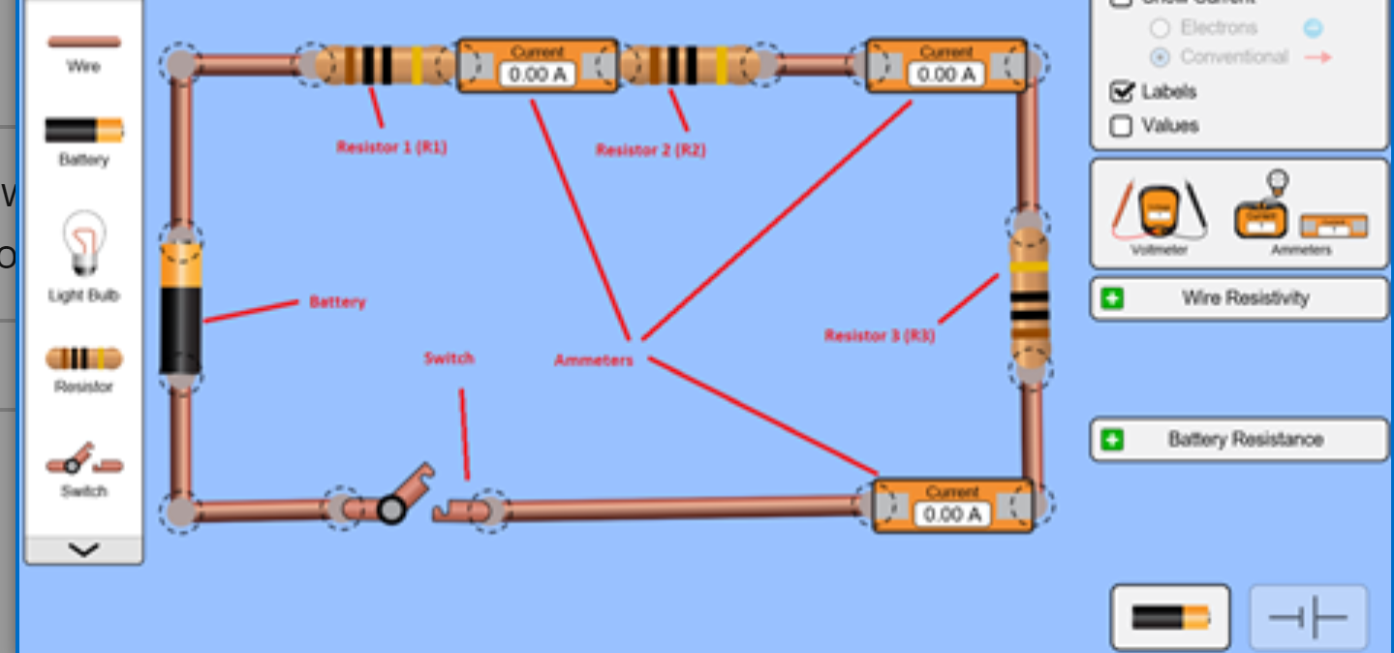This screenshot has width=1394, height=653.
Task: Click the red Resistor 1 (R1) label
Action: tap(391, 148)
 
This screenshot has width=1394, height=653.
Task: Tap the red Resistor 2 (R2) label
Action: tap(650, 150)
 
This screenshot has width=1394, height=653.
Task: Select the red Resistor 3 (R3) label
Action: tap(879, 336)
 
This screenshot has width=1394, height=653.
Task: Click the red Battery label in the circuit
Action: tap(337, 302)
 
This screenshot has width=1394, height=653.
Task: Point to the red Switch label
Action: tap(449, 358)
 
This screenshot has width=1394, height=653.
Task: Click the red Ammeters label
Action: tap(593, 360)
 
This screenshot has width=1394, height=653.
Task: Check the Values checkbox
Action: tap(1121, 126)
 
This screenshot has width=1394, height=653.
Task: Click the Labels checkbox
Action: tap(1122, 92)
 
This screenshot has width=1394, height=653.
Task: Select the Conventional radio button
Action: tap(1159, 57)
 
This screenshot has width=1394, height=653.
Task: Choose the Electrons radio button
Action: tap(1159, 28)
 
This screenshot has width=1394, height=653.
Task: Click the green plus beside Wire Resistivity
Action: tap(1112, 298)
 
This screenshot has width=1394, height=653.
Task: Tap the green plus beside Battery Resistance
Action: tap(1112, 440)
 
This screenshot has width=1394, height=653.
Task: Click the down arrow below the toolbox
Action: tap(84, 550)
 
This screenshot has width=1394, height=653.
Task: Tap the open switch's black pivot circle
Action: tap(391, 510)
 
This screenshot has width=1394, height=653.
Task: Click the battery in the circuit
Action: tap(181, 308)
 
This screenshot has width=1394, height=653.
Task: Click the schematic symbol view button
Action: tap(1308, 617)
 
